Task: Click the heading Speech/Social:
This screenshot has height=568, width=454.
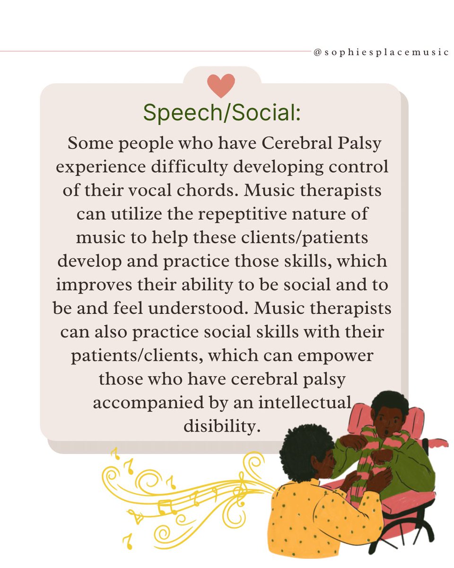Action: [x=222, y=112]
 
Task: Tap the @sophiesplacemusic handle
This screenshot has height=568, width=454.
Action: [x=381, y=52]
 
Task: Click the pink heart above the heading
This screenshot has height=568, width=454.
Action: [x=221, y=85]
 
